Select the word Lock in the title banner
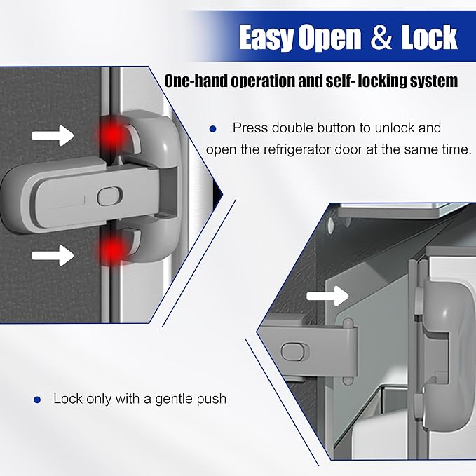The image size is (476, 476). coord(428,38)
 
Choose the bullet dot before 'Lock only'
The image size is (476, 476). coord(37,399)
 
